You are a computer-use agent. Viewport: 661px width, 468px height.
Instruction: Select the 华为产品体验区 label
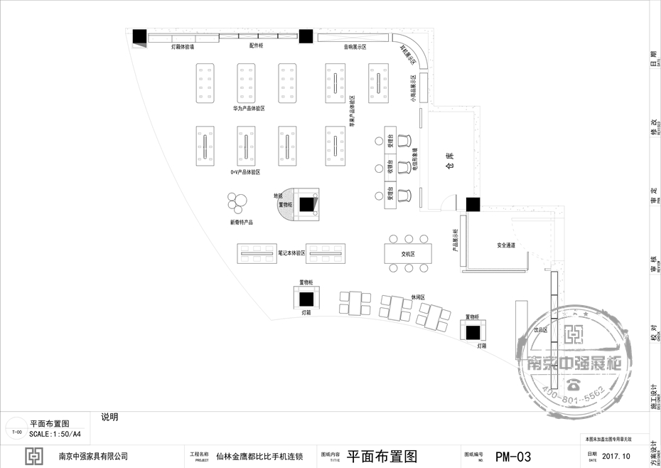point(249,109)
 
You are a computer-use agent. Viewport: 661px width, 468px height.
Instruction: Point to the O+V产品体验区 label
point(245,172)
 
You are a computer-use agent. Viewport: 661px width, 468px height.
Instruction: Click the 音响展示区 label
point(355,47)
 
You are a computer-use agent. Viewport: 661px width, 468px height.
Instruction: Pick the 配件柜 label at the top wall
point(256,46)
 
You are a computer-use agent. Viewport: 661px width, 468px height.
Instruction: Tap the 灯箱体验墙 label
point(183,47)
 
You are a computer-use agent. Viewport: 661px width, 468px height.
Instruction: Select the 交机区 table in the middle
point(407,253)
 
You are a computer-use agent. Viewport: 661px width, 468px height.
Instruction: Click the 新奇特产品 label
point(242,222)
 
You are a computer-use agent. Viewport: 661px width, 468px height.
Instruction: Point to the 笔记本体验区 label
point(291,252)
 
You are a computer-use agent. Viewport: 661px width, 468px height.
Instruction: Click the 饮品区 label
point(542,330)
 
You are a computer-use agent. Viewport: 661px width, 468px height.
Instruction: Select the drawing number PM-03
point(513,457)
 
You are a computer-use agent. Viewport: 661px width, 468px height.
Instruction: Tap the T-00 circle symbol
point(17,432)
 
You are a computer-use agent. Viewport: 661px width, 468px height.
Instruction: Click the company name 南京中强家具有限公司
point(93,457)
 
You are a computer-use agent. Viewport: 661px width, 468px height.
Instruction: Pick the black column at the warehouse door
point(473,204)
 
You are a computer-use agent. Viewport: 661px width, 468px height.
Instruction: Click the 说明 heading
point(109,418)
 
